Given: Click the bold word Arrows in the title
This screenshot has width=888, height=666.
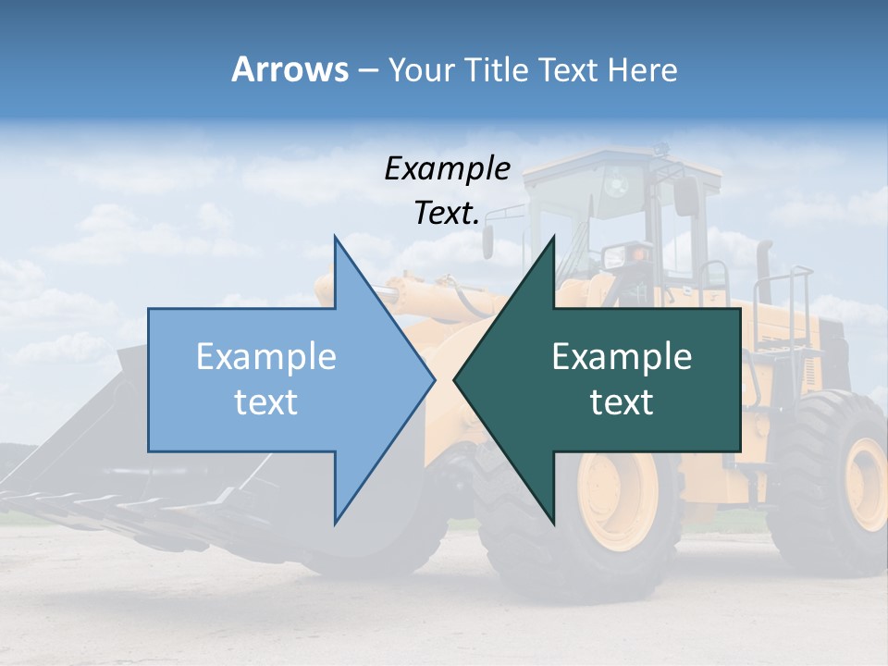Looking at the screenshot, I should tap(290, 69).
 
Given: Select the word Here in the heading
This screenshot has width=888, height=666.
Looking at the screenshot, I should tap(642, 69).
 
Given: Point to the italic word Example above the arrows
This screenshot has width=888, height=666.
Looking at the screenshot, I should tap(447, 169).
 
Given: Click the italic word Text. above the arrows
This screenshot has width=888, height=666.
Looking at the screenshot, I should tap(447, 214).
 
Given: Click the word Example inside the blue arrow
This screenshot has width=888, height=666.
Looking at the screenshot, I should tap(266, 357).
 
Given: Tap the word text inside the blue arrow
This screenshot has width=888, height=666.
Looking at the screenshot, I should tap(266, 402).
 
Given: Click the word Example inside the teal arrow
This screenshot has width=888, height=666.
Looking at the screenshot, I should tap(622, 357).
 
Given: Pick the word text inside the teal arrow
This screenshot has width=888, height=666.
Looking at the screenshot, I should tap(622, 402).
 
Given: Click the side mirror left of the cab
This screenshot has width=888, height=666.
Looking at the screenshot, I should tap(487, 242).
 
